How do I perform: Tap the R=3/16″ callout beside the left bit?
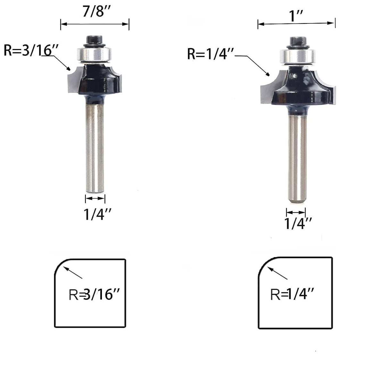point(31,50)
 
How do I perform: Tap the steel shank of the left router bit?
point(95,147)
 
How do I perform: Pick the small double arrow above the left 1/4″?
point(95,199)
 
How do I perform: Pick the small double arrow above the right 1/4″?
point(296,212)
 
